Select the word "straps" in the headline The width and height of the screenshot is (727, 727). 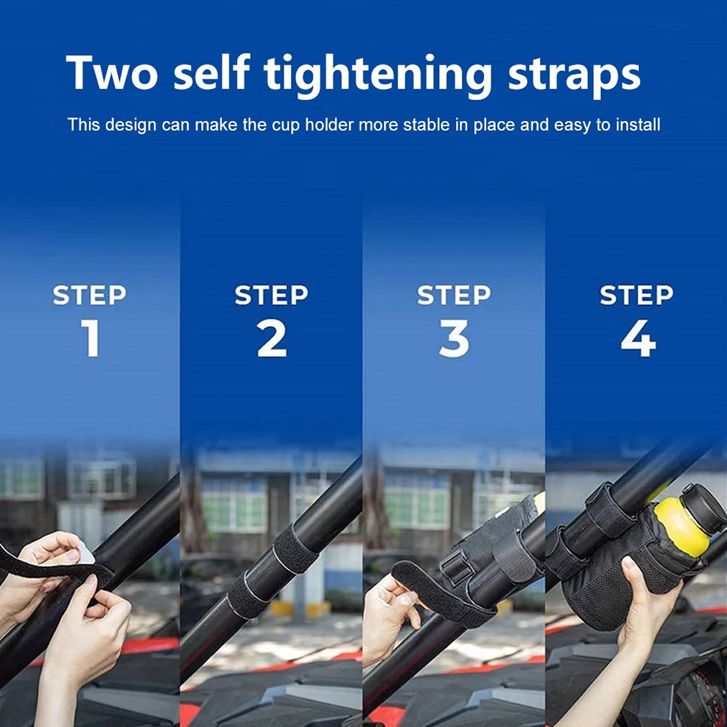pos(574,77)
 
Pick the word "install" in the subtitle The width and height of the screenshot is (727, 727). pos(638,124)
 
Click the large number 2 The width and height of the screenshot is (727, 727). pos(272,338)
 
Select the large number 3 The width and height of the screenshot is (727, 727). pos(454,338)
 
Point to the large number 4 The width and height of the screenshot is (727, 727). pos(638,338)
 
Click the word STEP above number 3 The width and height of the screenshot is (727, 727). pos(454,295)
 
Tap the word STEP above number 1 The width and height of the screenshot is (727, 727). pos(90,295)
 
